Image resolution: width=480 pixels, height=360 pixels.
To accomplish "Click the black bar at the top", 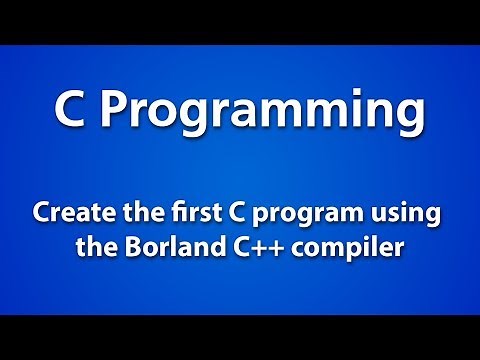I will pos(240,21).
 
